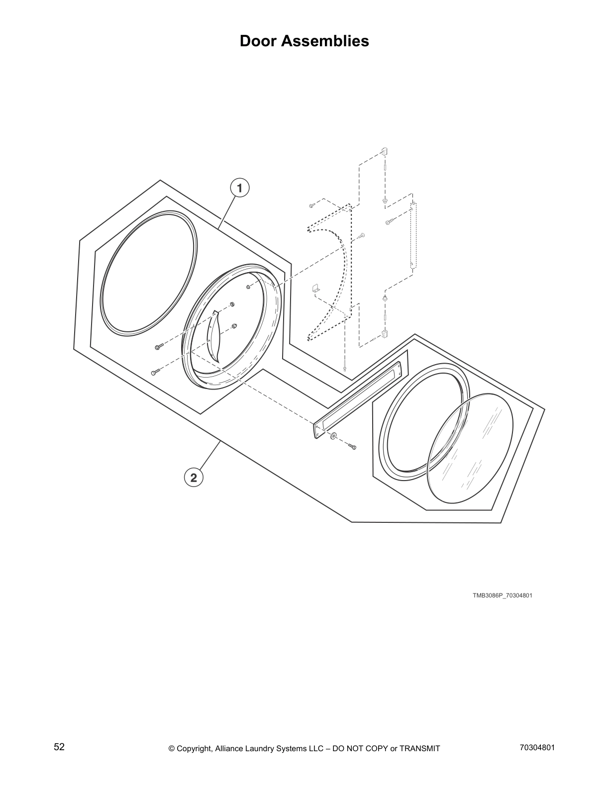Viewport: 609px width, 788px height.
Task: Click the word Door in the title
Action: (x=259, y=41)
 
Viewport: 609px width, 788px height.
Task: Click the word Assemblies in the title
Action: (x=326, y=41)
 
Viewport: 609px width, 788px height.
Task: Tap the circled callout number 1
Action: (x=239, y=188)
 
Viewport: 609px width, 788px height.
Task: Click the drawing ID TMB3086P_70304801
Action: (x=502, y=595)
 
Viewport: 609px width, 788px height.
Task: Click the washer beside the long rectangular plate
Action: (x=332, y=437)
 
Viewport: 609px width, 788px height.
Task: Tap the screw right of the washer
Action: (x=352, y=447)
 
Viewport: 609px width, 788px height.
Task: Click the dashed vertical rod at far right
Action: (x=412, y=235)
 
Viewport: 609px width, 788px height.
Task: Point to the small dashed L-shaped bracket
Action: (x=314, y=288)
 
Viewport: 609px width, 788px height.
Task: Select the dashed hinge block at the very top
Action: (x=384, y=151)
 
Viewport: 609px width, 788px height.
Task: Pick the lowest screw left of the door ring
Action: (x=154, y=373)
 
